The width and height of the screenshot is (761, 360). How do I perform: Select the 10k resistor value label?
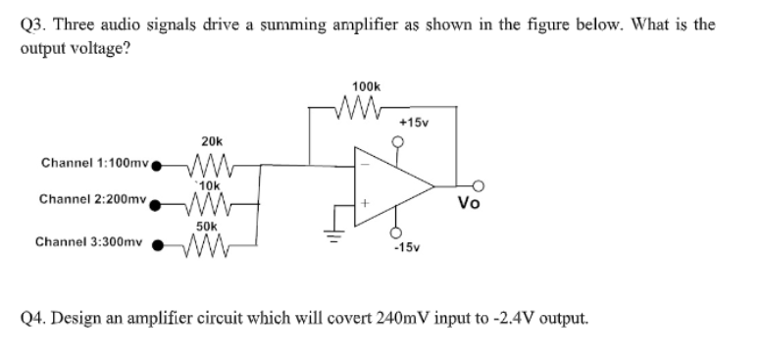pyautogui.click(x=210, y=183)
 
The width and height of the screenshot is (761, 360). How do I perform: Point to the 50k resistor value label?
pyautogui.click(x=207, y=225)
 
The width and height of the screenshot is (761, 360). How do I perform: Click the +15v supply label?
pyautogui.click(x=413, y=123)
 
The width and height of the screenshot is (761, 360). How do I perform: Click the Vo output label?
pyautogui.click(x=469, y=203)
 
